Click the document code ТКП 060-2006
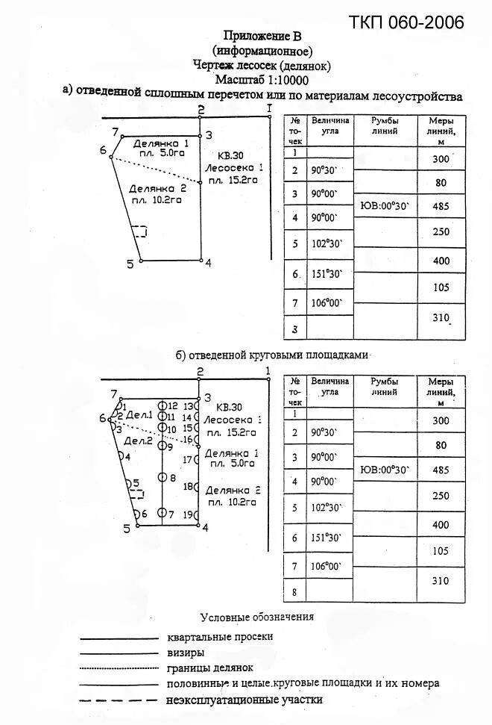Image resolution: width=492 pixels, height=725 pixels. (x=406, y=22)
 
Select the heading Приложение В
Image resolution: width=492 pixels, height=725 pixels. (x=262, y=35)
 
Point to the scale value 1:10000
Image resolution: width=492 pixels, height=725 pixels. (x=283, y=80)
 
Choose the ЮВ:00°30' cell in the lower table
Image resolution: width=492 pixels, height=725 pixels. (x=385, y=470)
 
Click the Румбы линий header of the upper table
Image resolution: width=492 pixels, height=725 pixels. (x=385, y=125)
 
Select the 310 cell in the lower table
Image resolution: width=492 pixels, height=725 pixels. (x=441, y=579)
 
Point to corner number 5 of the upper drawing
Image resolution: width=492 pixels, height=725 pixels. (x=130, y=264)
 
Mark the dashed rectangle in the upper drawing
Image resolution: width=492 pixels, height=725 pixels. (x=139, y=231)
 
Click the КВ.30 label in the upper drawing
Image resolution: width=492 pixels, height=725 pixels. (x=230, y=155)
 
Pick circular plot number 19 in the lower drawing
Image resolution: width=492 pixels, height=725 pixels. (x=195, y=514)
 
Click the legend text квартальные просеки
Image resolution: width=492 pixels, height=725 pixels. (x=220, y=637)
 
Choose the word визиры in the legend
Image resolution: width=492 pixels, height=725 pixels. (x=186, y=653)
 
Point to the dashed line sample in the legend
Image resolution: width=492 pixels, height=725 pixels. (x=119, y=700)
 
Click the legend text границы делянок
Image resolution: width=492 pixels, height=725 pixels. (x=211, y=668)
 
